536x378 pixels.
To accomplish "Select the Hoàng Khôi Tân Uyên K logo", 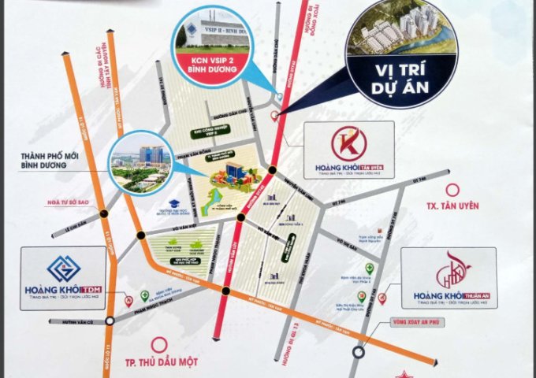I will [x=345, y=144].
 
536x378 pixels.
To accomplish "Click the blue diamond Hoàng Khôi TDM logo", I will [x=63, y=269].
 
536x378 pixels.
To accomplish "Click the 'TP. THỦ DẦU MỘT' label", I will [x=161, y=365].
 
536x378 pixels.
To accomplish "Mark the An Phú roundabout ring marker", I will [x=359, y=351].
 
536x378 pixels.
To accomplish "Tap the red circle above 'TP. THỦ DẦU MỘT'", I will [x=160, y=343].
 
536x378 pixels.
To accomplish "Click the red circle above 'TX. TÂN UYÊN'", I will [x=452, y=190].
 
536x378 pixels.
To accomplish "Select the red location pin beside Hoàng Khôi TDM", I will [x=128, y=300].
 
